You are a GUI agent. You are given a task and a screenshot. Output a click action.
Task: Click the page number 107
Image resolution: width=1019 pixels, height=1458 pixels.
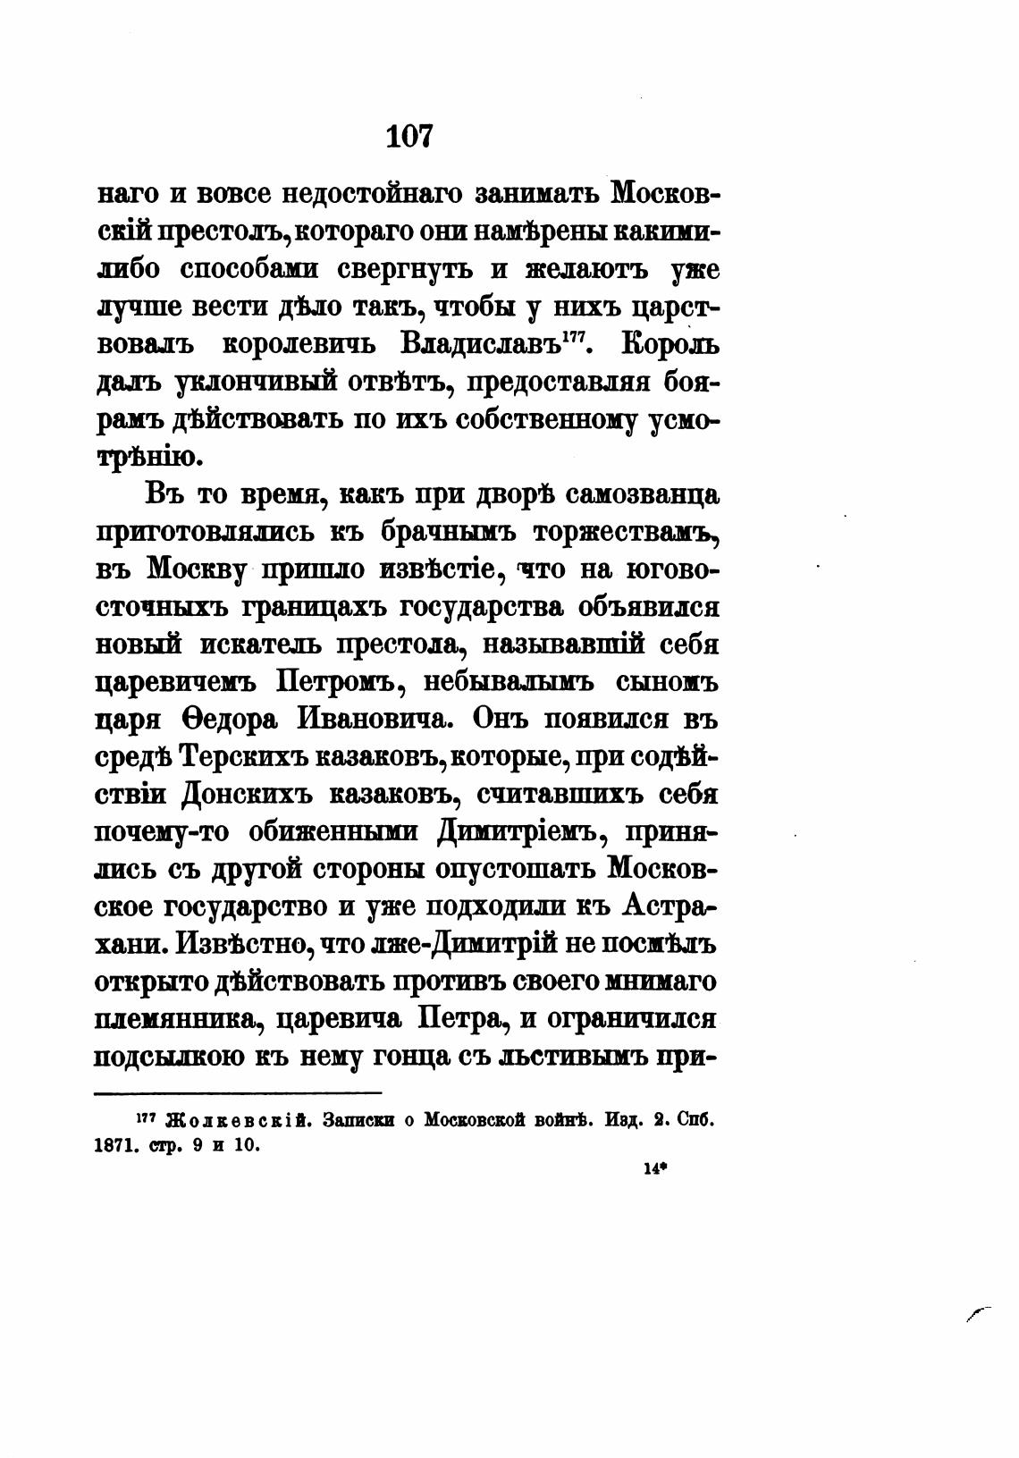point(410,136)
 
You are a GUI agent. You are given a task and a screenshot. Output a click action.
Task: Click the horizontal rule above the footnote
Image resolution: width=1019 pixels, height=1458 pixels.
point(238,1092)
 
